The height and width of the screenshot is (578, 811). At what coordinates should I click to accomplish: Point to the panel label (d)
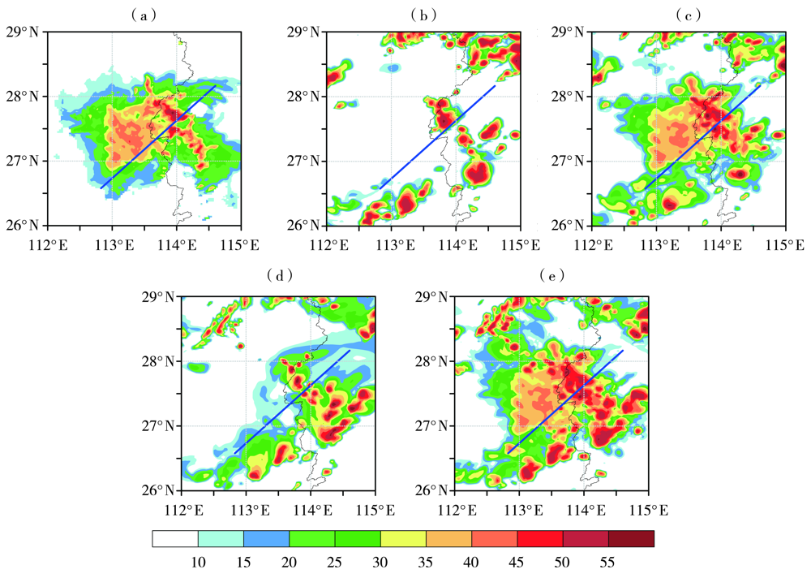click(x=278, y=277)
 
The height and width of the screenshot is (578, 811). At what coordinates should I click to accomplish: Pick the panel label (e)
click(x=551, y=277)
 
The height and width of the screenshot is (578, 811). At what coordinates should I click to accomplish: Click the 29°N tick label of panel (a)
click(x=24, y=32)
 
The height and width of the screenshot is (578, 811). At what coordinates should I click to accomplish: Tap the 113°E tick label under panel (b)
click(x=391, y=244)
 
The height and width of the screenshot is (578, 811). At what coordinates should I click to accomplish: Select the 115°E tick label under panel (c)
click(x=785, y=244)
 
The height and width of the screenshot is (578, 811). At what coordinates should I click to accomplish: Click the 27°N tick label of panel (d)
click(x=158, y=425)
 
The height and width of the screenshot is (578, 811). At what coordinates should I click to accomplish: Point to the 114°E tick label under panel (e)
click(x=583, y=509)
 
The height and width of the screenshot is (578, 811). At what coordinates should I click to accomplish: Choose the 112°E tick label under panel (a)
click(x=48, y=244)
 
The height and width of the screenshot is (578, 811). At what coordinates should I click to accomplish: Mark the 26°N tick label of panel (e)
click(x=432, y=490)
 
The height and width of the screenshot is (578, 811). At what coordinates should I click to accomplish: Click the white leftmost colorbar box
click(x=175, y=538)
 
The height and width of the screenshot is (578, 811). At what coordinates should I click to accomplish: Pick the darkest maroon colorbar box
click(x=631, y=538)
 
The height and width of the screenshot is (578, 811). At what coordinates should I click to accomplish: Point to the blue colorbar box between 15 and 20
click(x=267, y=538)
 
